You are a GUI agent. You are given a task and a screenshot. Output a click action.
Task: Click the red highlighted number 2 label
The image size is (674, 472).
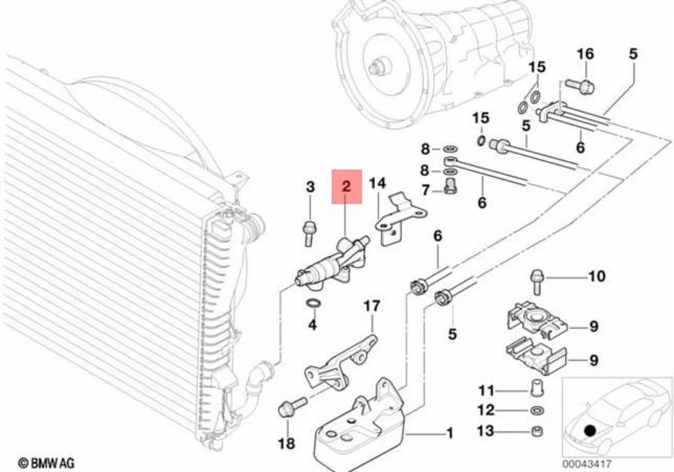(346, 186)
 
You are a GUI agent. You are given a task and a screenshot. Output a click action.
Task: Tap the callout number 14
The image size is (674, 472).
(378, 184)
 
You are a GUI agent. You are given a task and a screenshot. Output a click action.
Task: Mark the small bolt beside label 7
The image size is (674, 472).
(450, 186)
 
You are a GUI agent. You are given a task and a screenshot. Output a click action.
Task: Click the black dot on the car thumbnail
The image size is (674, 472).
(590, 429)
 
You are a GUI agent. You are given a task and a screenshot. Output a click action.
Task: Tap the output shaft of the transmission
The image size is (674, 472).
(380, 67)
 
